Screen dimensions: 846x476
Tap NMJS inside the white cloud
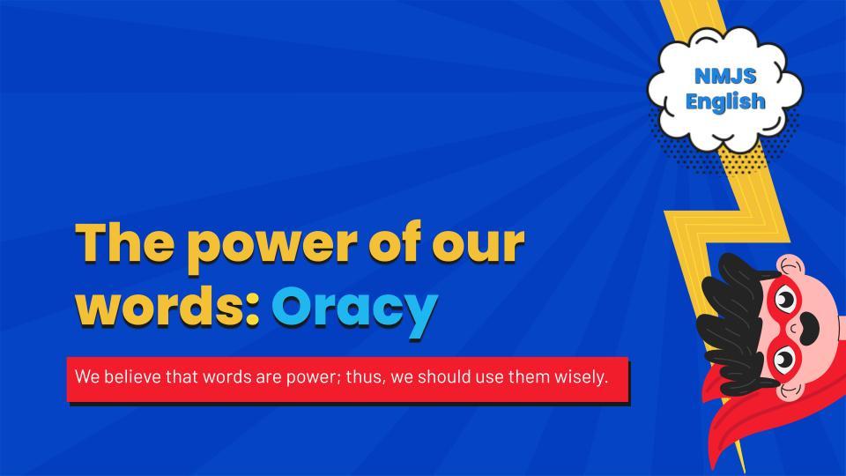[x=725, y=77]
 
